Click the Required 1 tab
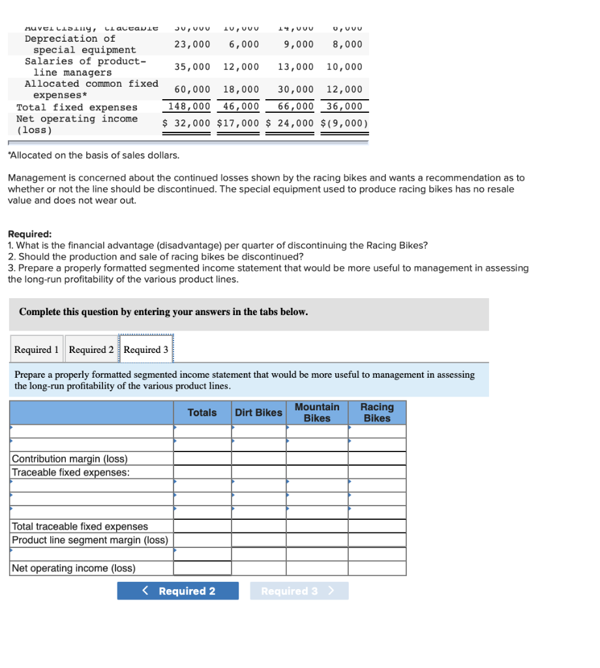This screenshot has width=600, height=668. click(x=37, y=350)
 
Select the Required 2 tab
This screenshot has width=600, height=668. click(x=91, y=350)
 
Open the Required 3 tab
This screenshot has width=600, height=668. click(x=146, y=350)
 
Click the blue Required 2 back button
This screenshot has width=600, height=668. click(x=178, y=591)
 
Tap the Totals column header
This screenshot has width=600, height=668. click(x=202, y=413)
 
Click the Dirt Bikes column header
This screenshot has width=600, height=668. click(x=258, y=413)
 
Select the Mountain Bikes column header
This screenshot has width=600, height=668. click(x=317, y=413)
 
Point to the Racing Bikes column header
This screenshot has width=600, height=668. click(x=377, y=413)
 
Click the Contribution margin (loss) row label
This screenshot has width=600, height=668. click(x=70, y=459)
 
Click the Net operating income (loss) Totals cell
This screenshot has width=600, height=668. click(x=202, y=568)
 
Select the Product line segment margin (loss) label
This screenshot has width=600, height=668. click(x=90, y=540)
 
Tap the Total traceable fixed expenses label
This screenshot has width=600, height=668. click(x=80, y=526)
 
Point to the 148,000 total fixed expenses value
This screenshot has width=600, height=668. click(x=189, y=107)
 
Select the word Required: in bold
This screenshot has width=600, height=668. click(x=30, y=234)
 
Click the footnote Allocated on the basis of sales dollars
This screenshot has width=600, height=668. click(x=93, y=155)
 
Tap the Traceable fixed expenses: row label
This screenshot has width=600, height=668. click(x=70, y=472)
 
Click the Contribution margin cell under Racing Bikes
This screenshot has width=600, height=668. click(x=377, y=459)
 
